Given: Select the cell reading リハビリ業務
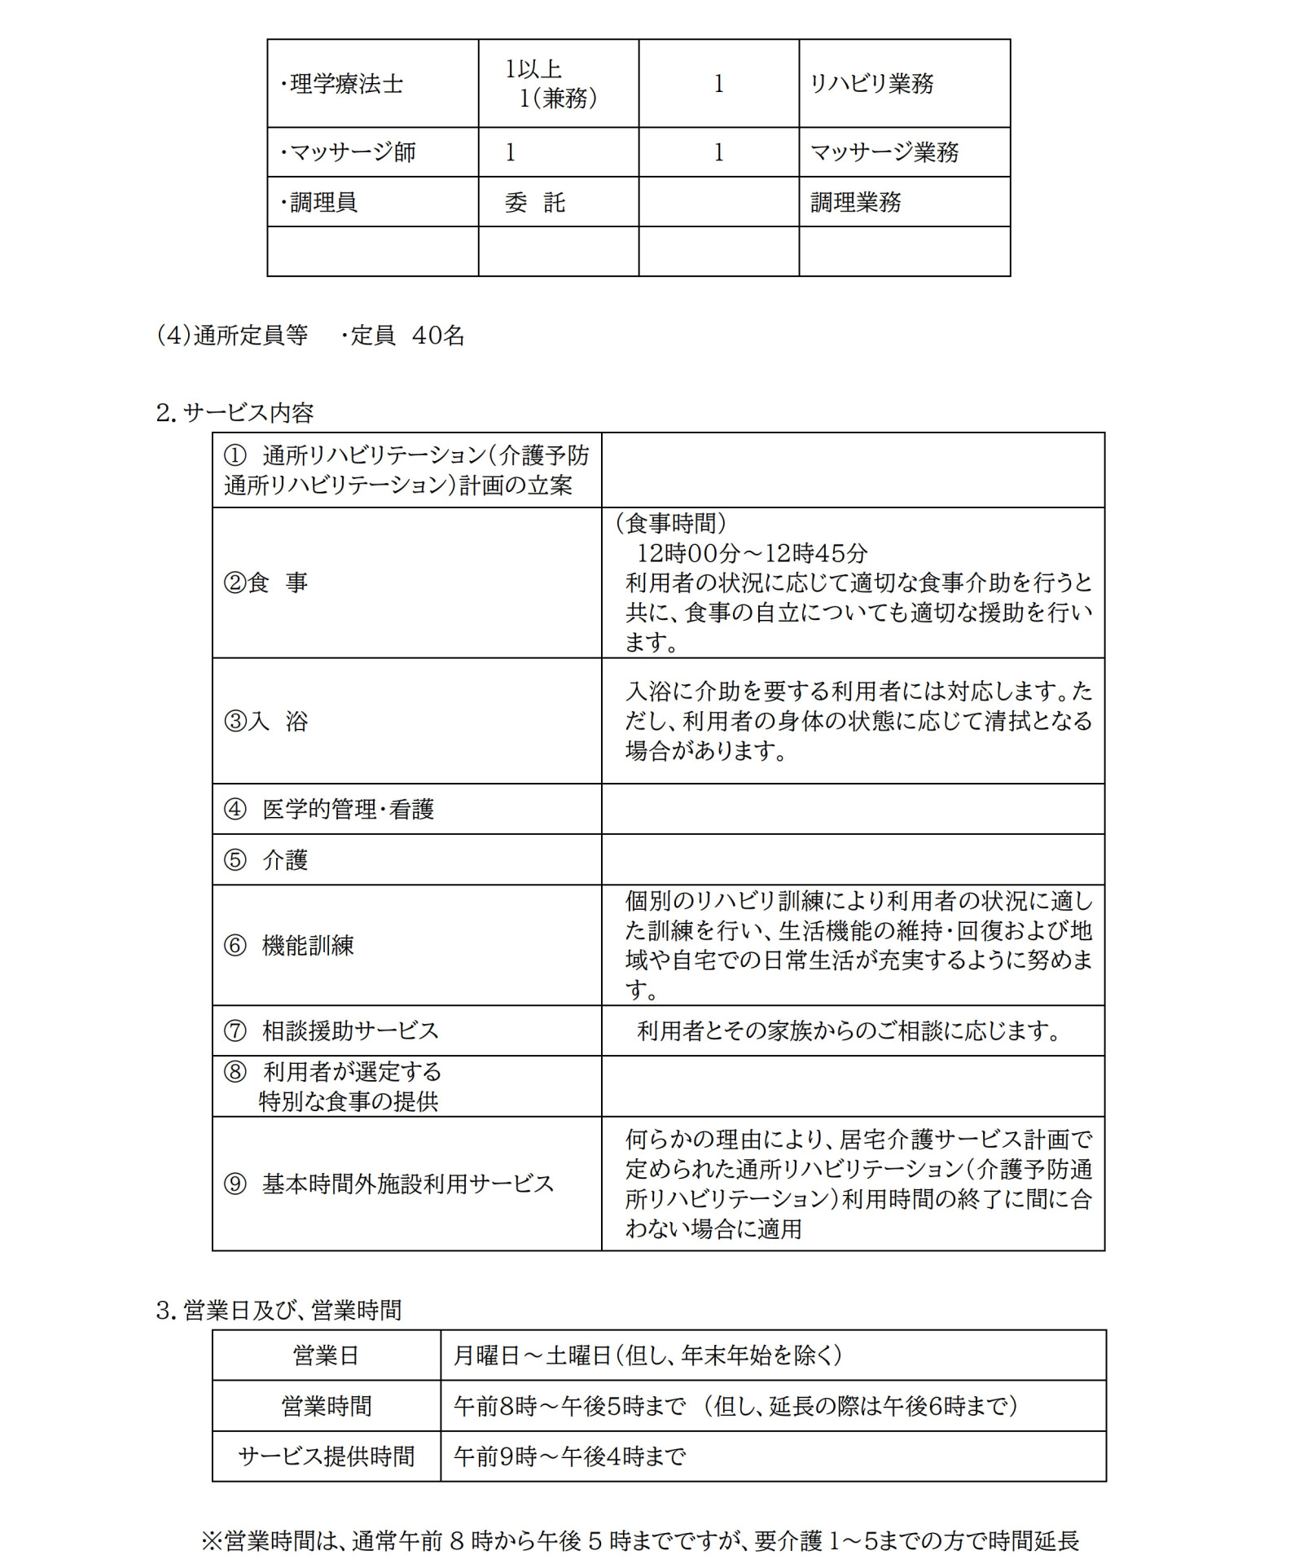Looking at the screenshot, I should pyautogui.click(x=871, y=84).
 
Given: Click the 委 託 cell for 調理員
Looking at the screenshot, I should pyautogui.click(x=534, y=202).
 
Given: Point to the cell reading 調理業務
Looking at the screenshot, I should pyautogui.click(x=855, y=202).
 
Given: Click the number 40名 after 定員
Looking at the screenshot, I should pyautogui.click(x=438, y=335).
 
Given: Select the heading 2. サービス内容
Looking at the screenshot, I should pyautogui.click(x=235, y=413).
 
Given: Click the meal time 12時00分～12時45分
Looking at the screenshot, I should pyautogui.click(x=752, y=553).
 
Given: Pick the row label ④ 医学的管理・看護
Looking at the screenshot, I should pyautogui.click(x=329, y=809).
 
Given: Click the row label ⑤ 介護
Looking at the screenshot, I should pyautogui.click(x=266, y=859).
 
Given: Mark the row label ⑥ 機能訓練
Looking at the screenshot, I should pyautogui.click(x=289, y=945).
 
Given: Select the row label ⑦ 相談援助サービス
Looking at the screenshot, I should pyautogui.click(x=331, y=1030).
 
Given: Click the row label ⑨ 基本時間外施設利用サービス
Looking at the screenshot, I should pyautogui.click(x=389, y=1184).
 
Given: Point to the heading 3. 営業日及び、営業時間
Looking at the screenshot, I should pyautogui.click(x=279, y=1310).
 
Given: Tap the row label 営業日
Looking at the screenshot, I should pyautogui.click(x=326, y=1355).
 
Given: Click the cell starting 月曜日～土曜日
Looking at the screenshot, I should pyautogui.click(x=647, y=1355).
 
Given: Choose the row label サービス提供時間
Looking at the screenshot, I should pyautogui.click(x=326, y=1456).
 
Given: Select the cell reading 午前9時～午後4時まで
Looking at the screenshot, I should pyautogui.click(x=569, y=1456).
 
